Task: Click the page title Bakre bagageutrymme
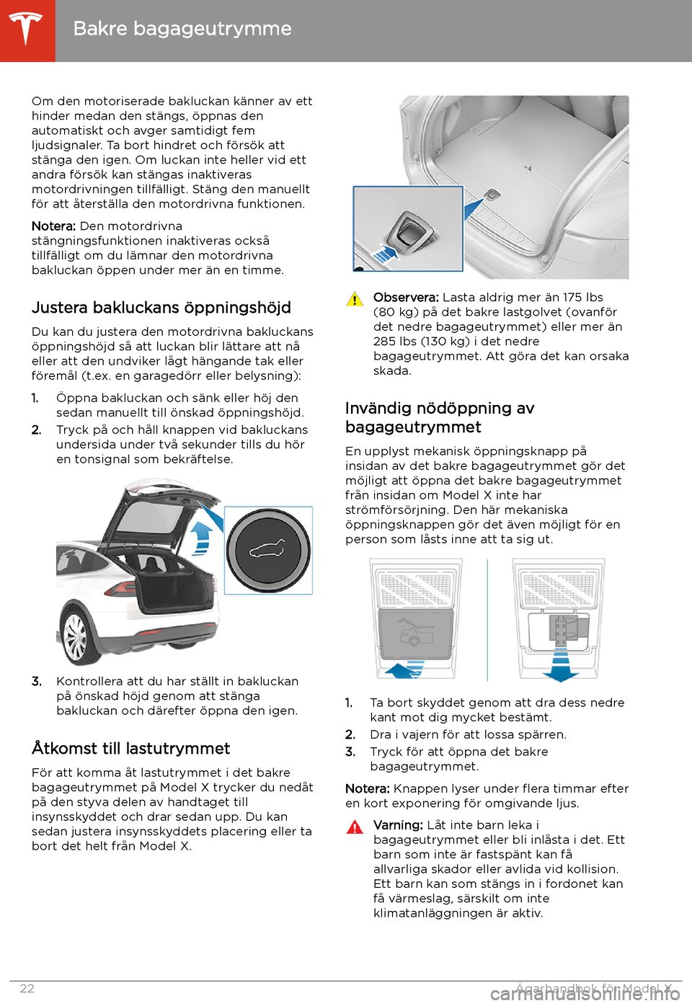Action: pos(182,29)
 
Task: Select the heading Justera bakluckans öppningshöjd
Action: pos(161,308)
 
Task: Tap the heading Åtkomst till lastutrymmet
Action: pos(131,749)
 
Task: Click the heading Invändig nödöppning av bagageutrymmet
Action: pos(440,417)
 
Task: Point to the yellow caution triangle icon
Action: pos(355,300)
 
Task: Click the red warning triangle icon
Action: pos(355,827)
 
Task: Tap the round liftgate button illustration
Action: pos(268,551)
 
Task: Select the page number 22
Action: pos(27,989)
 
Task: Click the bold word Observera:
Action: pos(406,298)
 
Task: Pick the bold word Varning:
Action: pos(398,825)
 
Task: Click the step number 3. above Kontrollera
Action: pos(37,682)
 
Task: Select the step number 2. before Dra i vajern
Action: pos(350,735)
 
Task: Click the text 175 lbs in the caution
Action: pos(582,298)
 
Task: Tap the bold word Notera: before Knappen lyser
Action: pos(368,789)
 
